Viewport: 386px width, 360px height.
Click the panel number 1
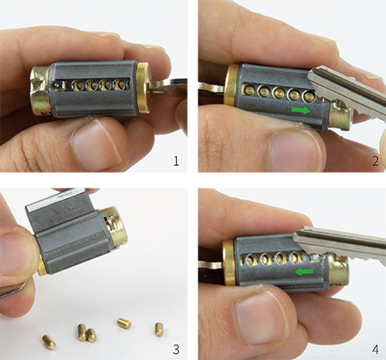[x=176, y=161]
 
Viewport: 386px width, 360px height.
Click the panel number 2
[x=375, y=161]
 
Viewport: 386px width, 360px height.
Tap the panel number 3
[x=176, y=349]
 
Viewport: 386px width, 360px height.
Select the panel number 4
[x=375, y=349]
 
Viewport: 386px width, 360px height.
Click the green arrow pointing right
[x=301, y=110]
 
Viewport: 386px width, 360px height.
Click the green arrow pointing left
[x=304, y=271]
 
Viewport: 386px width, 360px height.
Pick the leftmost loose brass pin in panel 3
[x=49, y=341]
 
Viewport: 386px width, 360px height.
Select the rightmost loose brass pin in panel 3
[x=159, y=330]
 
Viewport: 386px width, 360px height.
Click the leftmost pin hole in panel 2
[x=249, y=90]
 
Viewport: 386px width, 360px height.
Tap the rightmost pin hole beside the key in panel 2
[x=309, y=96]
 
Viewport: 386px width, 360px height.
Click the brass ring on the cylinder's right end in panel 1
[x=143, y=87]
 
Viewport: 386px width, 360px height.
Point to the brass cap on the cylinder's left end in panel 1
[x=41, y=90]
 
